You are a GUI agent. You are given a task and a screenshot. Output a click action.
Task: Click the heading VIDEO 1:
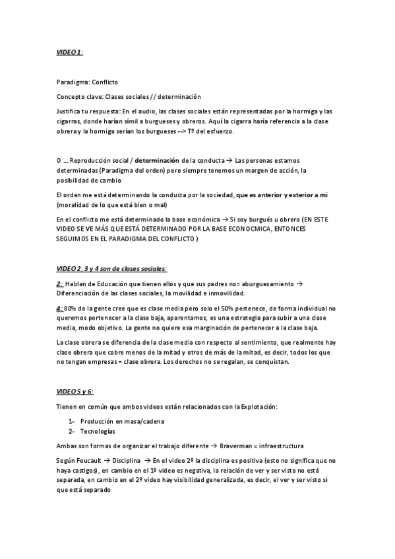point(69,51)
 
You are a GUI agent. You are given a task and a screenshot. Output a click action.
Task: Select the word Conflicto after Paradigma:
point(104,82)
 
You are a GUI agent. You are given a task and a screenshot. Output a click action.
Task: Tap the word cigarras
point(69,122)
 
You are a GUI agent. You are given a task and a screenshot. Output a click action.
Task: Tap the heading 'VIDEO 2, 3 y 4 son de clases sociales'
point(111,268)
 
